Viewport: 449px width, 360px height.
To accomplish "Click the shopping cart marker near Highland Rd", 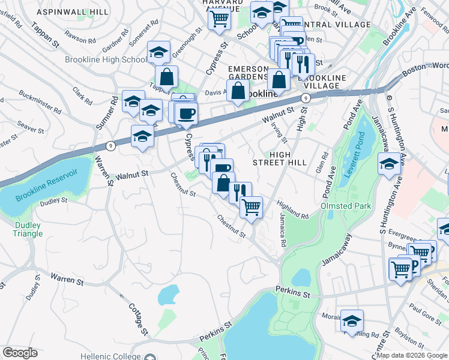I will coord(251,207).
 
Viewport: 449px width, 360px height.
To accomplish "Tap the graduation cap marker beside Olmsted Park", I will coord(388,164).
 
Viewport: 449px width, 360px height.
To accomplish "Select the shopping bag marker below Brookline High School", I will coord(166,77).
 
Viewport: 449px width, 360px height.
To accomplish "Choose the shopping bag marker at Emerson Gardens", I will coord(238,91).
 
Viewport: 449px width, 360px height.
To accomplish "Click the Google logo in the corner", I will coord(20,353).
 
